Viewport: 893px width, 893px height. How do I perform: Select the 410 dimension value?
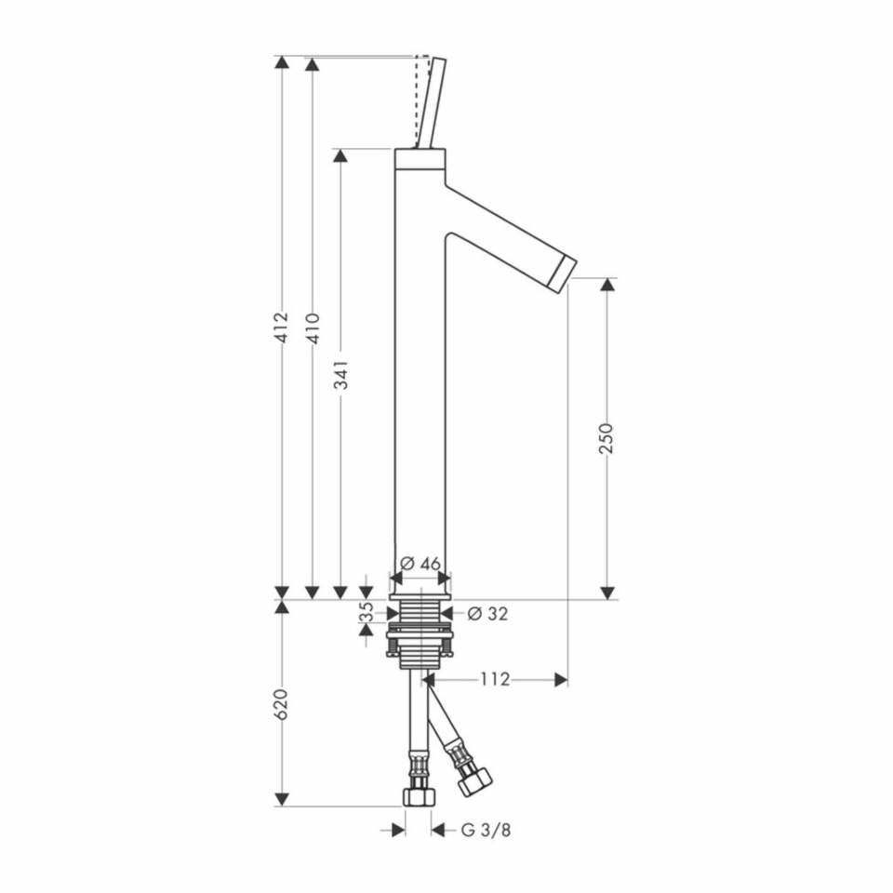coord(313,328)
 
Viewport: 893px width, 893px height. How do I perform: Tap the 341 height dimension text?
coord(340,374)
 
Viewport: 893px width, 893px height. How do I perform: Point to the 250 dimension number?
coord(607,438)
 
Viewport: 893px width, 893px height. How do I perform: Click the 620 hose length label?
coord(281,704)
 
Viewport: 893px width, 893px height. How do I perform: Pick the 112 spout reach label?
coord(494,679)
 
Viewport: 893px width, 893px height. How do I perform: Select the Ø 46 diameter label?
coord(420,564)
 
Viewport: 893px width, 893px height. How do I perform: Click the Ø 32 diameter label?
coord(486,613)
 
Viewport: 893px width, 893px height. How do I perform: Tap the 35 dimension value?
coord(367,612)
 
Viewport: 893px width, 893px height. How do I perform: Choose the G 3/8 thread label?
coord(486,830)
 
